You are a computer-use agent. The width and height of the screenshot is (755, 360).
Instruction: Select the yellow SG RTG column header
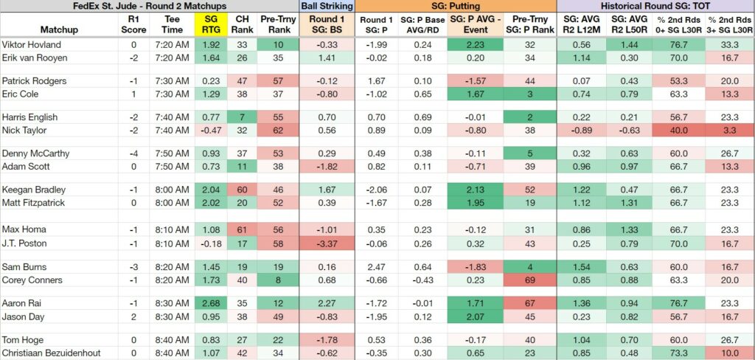[210, 24]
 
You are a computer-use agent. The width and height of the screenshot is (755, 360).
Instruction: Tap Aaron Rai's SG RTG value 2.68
[210, 304]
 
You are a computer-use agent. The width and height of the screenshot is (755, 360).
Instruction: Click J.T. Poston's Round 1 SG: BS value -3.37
[327, 243]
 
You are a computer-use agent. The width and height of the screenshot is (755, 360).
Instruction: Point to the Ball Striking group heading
[327, 6]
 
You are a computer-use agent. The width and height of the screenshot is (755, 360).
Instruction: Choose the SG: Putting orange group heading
[456, 6]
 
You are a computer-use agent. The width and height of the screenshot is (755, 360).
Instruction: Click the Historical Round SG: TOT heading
[655, 6]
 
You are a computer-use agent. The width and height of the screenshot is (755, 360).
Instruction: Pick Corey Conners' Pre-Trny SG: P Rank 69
[530, 280]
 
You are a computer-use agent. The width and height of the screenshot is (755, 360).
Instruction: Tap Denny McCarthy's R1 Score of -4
[133, 153]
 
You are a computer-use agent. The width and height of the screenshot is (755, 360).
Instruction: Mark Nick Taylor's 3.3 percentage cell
[730, 130]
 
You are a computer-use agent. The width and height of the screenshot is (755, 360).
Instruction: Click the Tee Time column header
[172, 24]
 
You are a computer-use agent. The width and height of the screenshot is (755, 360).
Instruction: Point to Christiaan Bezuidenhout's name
[52, 353]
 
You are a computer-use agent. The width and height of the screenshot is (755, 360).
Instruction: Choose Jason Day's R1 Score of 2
[134, 316]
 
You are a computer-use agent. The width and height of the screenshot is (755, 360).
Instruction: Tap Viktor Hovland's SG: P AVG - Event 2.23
[475, 45]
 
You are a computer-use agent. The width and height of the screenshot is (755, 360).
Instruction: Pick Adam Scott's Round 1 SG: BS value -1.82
[327, 166]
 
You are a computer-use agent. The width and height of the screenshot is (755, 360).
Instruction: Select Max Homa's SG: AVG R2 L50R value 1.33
[628, 229]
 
